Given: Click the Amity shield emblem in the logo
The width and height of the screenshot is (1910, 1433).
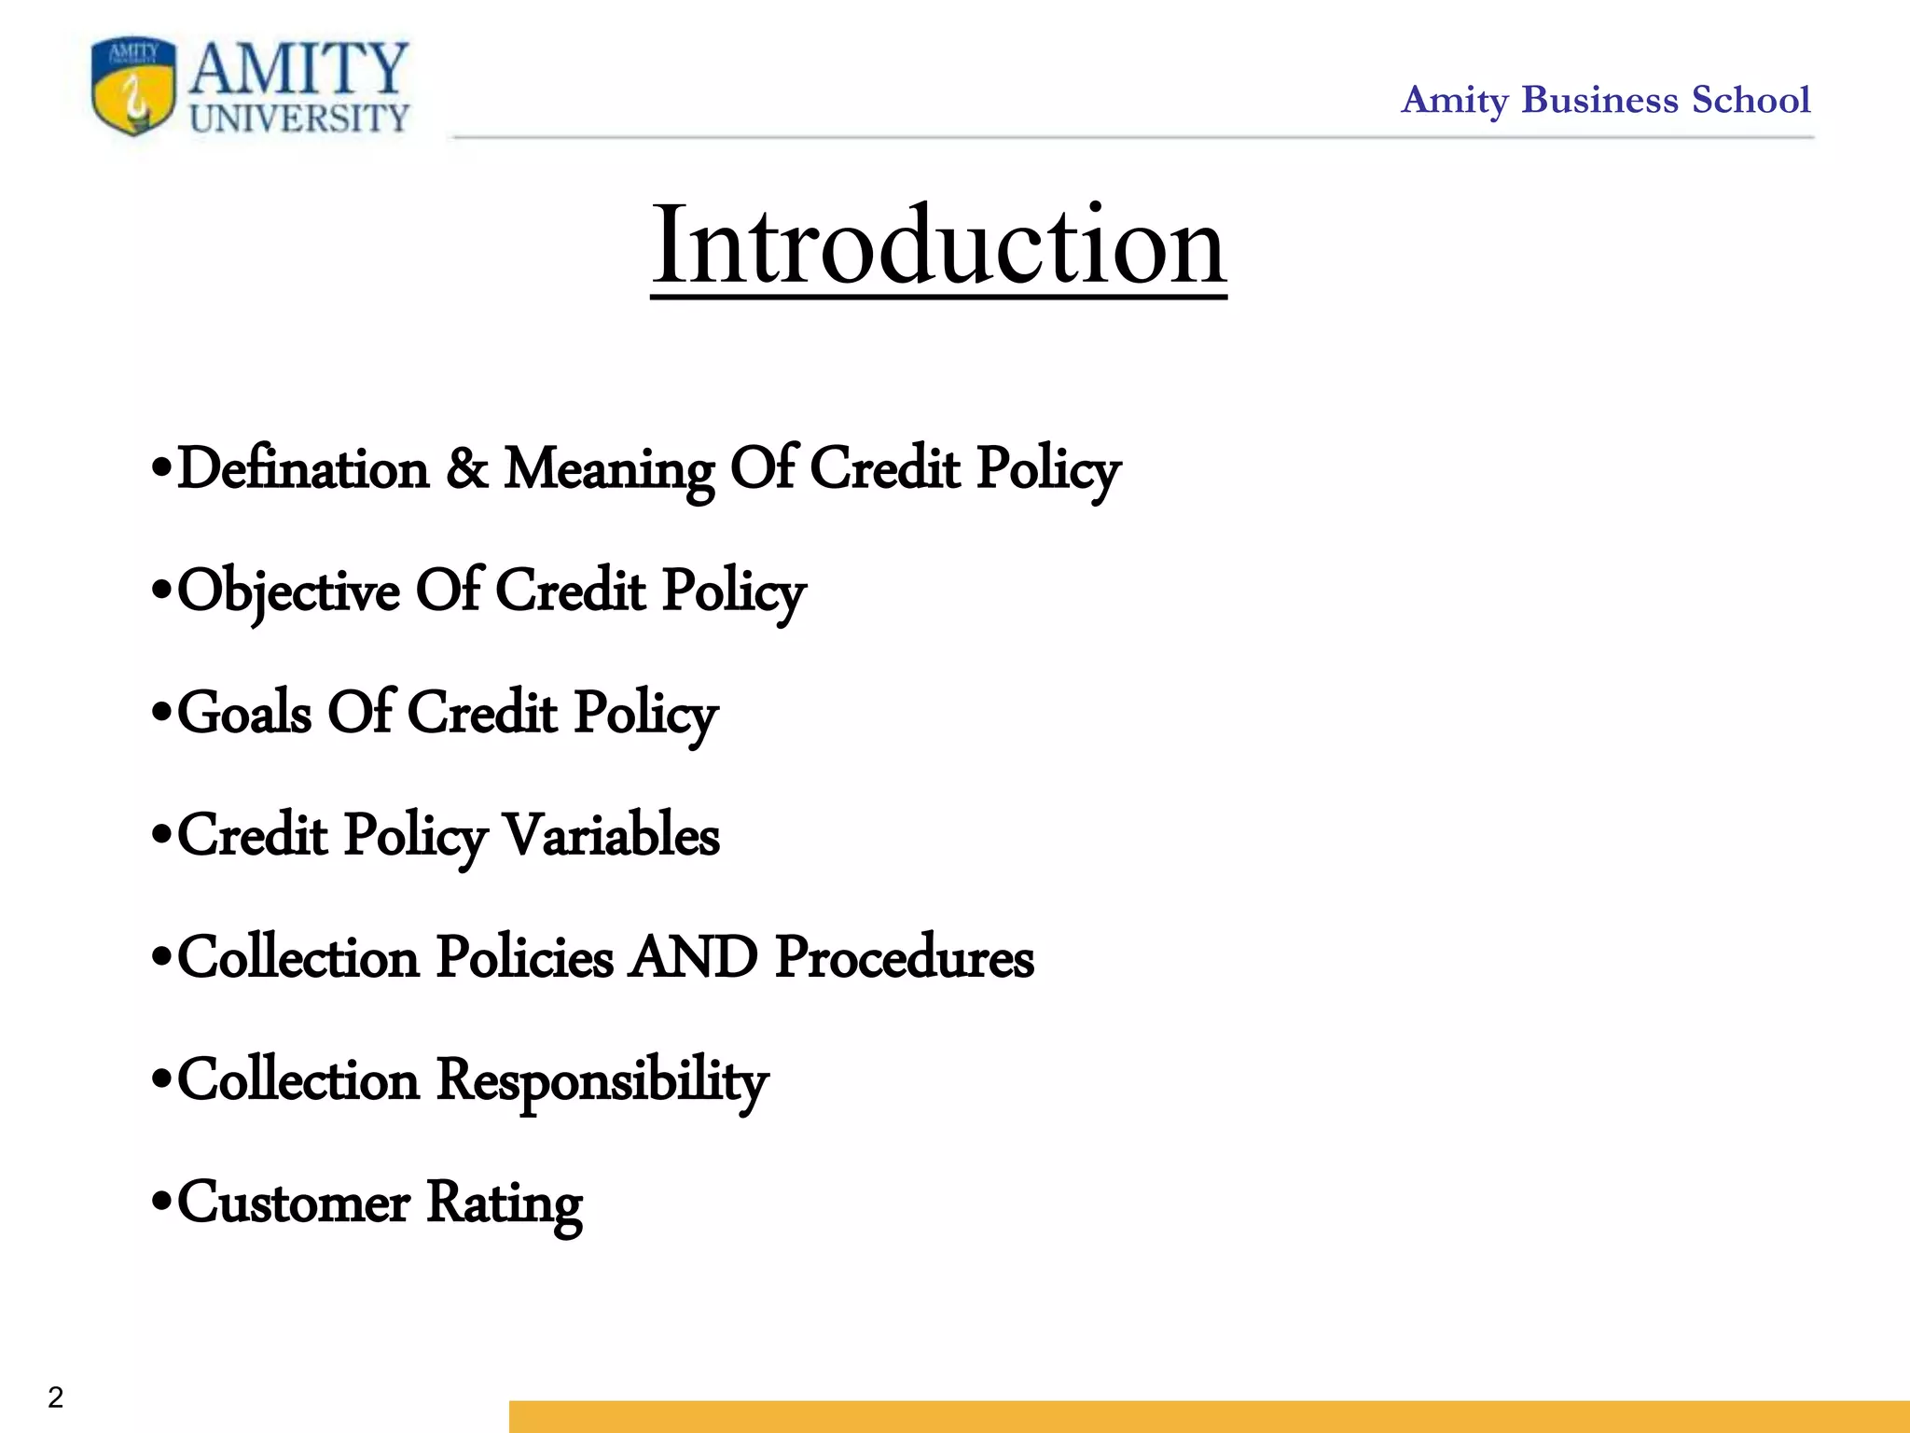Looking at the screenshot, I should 133,87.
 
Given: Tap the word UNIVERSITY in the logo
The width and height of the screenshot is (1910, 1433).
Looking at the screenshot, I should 299,118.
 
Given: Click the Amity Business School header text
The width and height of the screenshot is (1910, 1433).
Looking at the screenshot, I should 1605,100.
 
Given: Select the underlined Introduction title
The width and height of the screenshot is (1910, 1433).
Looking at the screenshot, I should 938,245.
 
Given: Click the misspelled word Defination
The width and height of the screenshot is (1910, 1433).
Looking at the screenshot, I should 303,468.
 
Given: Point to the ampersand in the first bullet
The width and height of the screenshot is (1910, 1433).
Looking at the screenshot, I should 466,468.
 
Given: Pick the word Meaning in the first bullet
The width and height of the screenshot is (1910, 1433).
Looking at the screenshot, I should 609,470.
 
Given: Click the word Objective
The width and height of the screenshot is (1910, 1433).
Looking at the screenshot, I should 288,592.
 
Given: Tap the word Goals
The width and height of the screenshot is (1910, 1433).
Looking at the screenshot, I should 244,714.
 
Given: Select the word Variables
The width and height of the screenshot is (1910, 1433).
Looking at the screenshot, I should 612,835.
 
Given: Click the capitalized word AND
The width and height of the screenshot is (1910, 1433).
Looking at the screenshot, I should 692,957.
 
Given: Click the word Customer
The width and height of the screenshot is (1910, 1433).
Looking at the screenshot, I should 294,1203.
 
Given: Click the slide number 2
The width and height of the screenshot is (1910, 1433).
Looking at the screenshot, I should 56,1397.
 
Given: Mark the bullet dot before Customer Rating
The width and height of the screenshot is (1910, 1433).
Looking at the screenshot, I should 161,1201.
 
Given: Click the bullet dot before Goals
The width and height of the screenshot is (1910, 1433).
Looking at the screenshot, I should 161,712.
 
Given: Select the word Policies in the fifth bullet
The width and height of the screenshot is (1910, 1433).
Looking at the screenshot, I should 525,958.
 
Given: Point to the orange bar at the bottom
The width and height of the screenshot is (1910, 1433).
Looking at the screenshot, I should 1209,1415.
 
